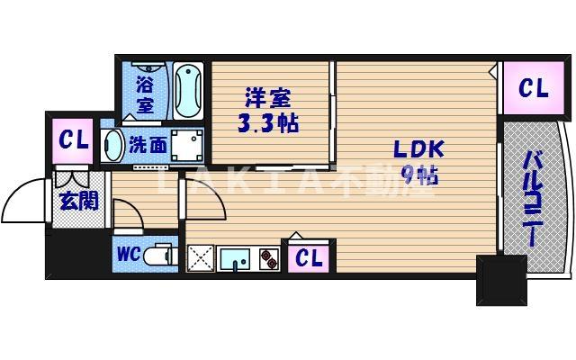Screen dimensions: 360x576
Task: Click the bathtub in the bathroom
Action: pos(188,90)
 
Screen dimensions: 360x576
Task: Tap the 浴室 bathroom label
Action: pos(145,95)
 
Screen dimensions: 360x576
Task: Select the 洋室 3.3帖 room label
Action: pos(269,111)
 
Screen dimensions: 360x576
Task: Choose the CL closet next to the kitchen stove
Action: pos(309,258)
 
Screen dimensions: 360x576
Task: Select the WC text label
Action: pos(126,255)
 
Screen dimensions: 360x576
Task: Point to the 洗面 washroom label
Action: pos(146,144)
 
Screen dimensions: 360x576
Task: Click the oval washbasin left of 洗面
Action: pos(113,144)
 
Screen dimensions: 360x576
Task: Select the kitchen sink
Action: pos(236,259)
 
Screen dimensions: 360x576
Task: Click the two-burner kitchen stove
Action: pos(268,259)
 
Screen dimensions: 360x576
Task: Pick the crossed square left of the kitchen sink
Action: pos(199,258)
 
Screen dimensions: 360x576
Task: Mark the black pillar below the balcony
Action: pos(500,279)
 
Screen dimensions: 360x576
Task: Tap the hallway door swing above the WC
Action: pos(126,214)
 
